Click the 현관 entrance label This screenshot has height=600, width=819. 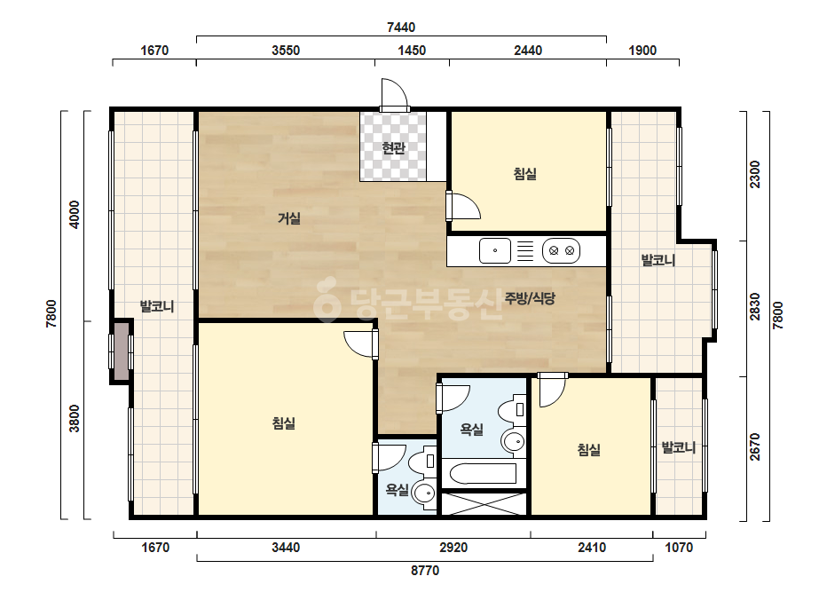393,148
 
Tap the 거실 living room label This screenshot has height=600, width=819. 289,218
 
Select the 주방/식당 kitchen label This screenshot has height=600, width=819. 530,298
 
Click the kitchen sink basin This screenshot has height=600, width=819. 494,250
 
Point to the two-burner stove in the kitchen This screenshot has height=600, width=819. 562,250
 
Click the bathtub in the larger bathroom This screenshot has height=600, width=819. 483,473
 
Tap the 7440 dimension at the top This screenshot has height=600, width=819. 401,28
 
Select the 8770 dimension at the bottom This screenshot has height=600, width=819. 425,570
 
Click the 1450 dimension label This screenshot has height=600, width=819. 412,51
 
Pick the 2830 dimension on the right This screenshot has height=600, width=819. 755,307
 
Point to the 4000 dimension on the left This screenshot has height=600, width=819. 75,214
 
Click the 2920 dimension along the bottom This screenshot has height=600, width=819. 453,548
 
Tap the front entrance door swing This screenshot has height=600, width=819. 394,94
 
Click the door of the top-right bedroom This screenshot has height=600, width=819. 463,206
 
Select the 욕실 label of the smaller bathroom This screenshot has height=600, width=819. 397,490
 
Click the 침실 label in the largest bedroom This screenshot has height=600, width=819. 284,422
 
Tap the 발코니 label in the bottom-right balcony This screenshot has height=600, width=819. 679,447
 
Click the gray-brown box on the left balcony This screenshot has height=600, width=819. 122,351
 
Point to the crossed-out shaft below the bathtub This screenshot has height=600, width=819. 484,504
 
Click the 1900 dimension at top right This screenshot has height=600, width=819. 642,51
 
